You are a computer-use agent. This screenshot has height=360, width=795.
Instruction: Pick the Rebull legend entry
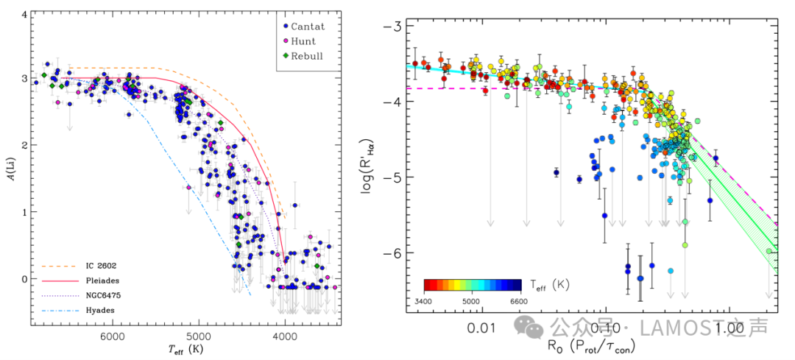[x=306, y=56]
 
